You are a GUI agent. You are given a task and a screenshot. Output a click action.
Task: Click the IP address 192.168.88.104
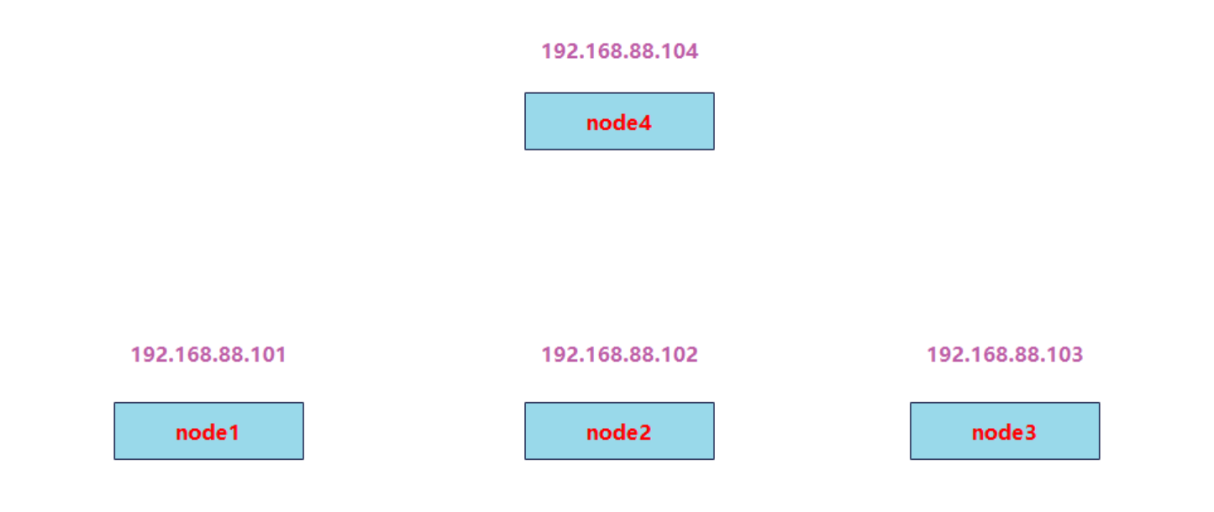coord(619,51)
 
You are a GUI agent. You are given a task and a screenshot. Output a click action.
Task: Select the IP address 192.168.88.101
coord(208,355)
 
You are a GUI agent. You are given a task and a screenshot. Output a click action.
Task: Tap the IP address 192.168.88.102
coord(619,355)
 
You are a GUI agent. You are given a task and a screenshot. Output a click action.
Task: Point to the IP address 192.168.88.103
coord(1005,355)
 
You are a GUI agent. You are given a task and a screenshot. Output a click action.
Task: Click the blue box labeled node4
coord(619,121)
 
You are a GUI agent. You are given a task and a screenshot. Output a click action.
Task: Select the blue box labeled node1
coord(208,431)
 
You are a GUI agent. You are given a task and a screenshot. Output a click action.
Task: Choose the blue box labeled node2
coord(619,431)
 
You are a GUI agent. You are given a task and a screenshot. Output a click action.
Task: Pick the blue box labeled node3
coord(1005,431)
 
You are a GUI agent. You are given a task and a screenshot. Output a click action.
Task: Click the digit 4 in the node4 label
coord(644,123)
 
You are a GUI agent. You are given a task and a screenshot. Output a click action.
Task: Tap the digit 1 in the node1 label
coord(234,432)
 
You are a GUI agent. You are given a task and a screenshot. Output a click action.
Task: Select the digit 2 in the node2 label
coord(644,432)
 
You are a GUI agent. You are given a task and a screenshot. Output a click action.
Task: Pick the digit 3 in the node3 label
coord(1030,432)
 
